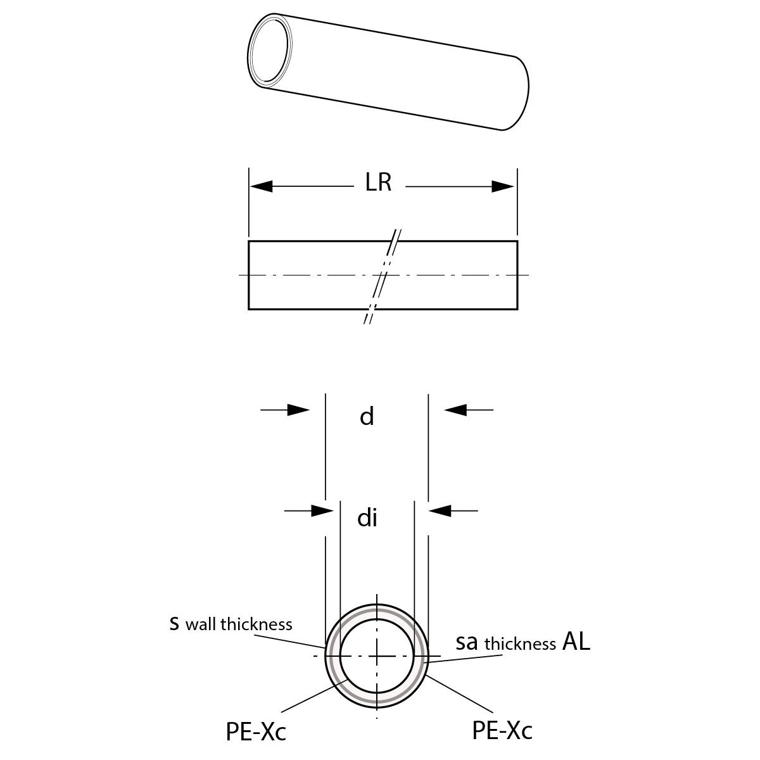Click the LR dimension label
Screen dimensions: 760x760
click(378, 182)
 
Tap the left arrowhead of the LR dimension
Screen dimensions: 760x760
click(262, 186)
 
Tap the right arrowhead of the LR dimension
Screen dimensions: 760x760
click(503, 186)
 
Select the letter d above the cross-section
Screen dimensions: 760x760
click(367, 417)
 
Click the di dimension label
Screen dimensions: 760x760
click(367, 518)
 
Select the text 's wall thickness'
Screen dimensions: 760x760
click(231, 624)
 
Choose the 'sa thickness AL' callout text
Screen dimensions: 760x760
click(523, 642)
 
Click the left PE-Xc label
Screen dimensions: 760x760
click(256, 732)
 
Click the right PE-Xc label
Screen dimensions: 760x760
click(502, 730)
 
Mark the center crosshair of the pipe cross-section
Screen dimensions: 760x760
click(377, 656)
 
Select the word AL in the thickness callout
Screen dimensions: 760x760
click(576, 642)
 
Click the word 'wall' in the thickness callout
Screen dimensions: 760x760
click(202, 624)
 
